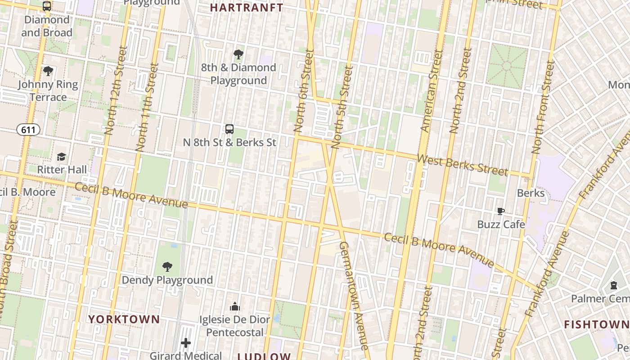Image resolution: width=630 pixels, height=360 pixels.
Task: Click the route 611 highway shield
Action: (x=28, y=130)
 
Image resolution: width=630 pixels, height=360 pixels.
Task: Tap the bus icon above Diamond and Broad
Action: (x=47, y=6)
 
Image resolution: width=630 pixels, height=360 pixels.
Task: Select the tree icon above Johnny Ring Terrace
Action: (x=48, y=71)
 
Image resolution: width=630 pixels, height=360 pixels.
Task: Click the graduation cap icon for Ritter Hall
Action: (x=61, y=157)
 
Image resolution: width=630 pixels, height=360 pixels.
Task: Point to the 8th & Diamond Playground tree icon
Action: (x=238, y=54)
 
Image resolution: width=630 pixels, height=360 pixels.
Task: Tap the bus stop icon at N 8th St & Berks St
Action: (x=229, y=129)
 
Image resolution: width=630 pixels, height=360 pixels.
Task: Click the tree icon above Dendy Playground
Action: (x=167, y=267)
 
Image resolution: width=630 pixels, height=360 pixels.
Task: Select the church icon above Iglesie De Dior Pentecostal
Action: (x=234, y=307)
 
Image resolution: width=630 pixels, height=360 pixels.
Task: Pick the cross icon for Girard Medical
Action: (x=186, y=343)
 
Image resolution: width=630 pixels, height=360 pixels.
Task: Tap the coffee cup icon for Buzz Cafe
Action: (x=500, y=211)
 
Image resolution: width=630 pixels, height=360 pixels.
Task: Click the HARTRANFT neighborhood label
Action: (x=247, y=8)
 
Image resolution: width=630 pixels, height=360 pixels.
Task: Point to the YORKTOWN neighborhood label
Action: (x=124, y=319)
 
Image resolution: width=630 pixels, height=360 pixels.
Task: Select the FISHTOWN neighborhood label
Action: (x=596, y=324)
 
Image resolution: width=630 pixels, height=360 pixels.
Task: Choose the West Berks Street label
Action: (x=462, y=165)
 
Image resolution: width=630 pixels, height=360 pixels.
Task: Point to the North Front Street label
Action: (x=543, y=108)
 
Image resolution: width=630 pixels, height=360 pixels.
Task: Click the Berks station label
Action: (x=531, y=193)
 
